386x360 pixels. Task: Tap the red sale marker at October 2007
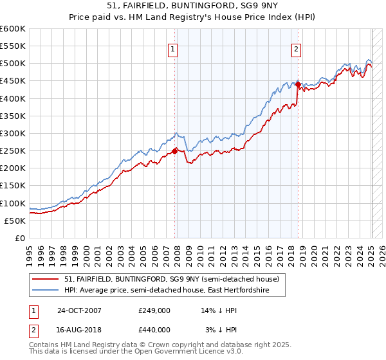pos(175,152)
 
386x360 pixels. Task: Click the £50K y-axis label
pos(15,221)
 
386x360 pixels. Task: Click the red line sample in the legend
pos(46,279)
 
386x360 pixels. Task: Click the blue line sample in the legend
pos(46,291)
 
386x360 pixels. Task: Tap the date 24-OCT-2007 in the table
pos(78,310)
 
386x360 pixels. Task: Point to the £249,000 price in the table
pos(154,310)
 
